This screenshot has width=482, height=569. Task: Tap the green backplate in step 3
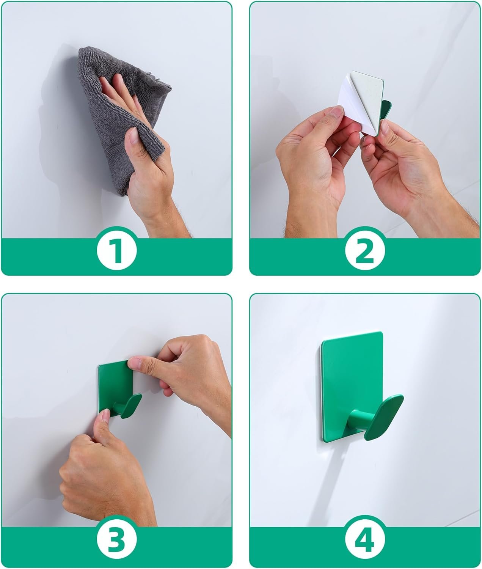[x=114, y=383]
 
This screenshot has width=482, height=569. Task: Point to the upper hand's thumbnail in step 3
[x=135, y=364]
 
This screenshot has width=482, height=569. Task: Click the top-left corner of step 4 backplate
[x=323, y=340]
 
